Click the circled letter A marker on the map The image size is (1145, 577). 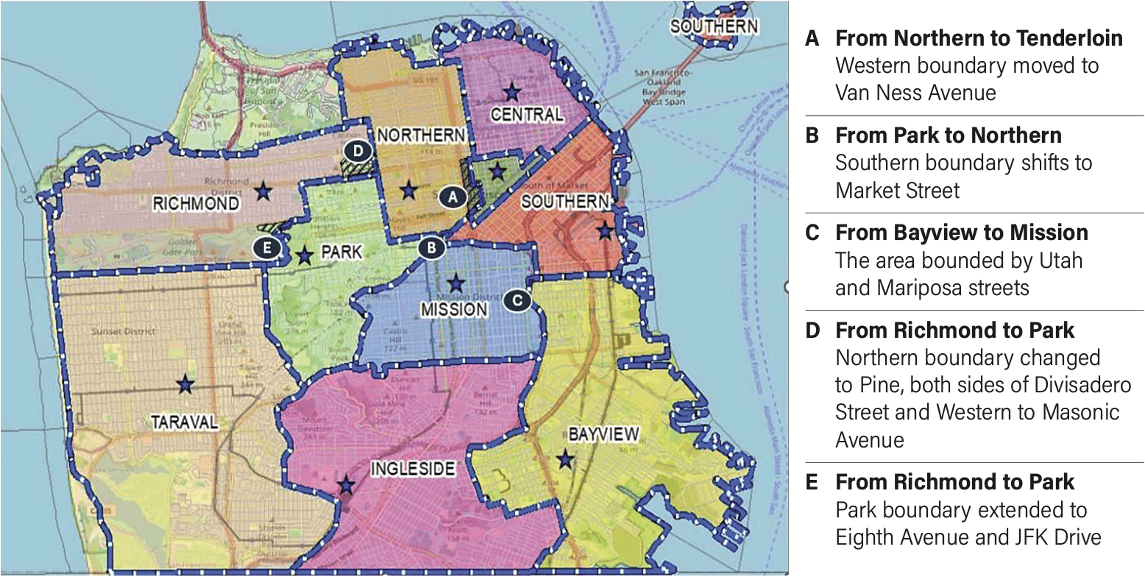tap(453, 197)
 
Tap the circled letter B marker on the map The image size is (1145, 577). tap(431, 248)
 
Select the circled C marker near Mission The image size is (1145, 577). tap(517, 300)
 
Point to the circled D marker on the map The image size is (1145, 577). tap(358, 151)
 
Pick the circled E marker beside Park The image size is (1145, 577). tap(266, 248)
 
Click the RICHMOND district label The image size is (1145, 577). tap(196, 204)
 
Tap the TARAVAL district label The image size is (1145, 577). tap(185, 422)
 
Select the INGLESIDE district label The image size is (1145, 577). tap(412, 469)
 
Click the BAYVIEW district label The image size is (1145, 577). tap(603, 434)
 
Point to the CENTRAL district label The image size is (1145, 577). tap(527, 115)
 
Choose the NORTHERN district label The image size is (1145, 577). tap(420, 135)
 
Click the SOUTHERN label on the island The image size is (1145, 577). tap(713, 26)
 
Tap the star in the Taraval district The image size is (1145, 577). tap(185, 383)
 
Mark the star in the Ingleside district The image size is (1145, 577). tap(345, 486)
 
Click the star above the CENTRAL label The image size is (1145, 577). tap(511, 93)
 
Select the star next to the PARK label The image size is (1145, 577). tap(305, 255)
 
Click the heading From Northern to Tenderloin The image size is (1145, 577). tap(979, 38)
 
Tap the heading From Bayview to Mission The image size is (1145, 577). tap(961, 233)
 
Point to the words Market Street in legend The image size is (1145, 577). tap(897, 191)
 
